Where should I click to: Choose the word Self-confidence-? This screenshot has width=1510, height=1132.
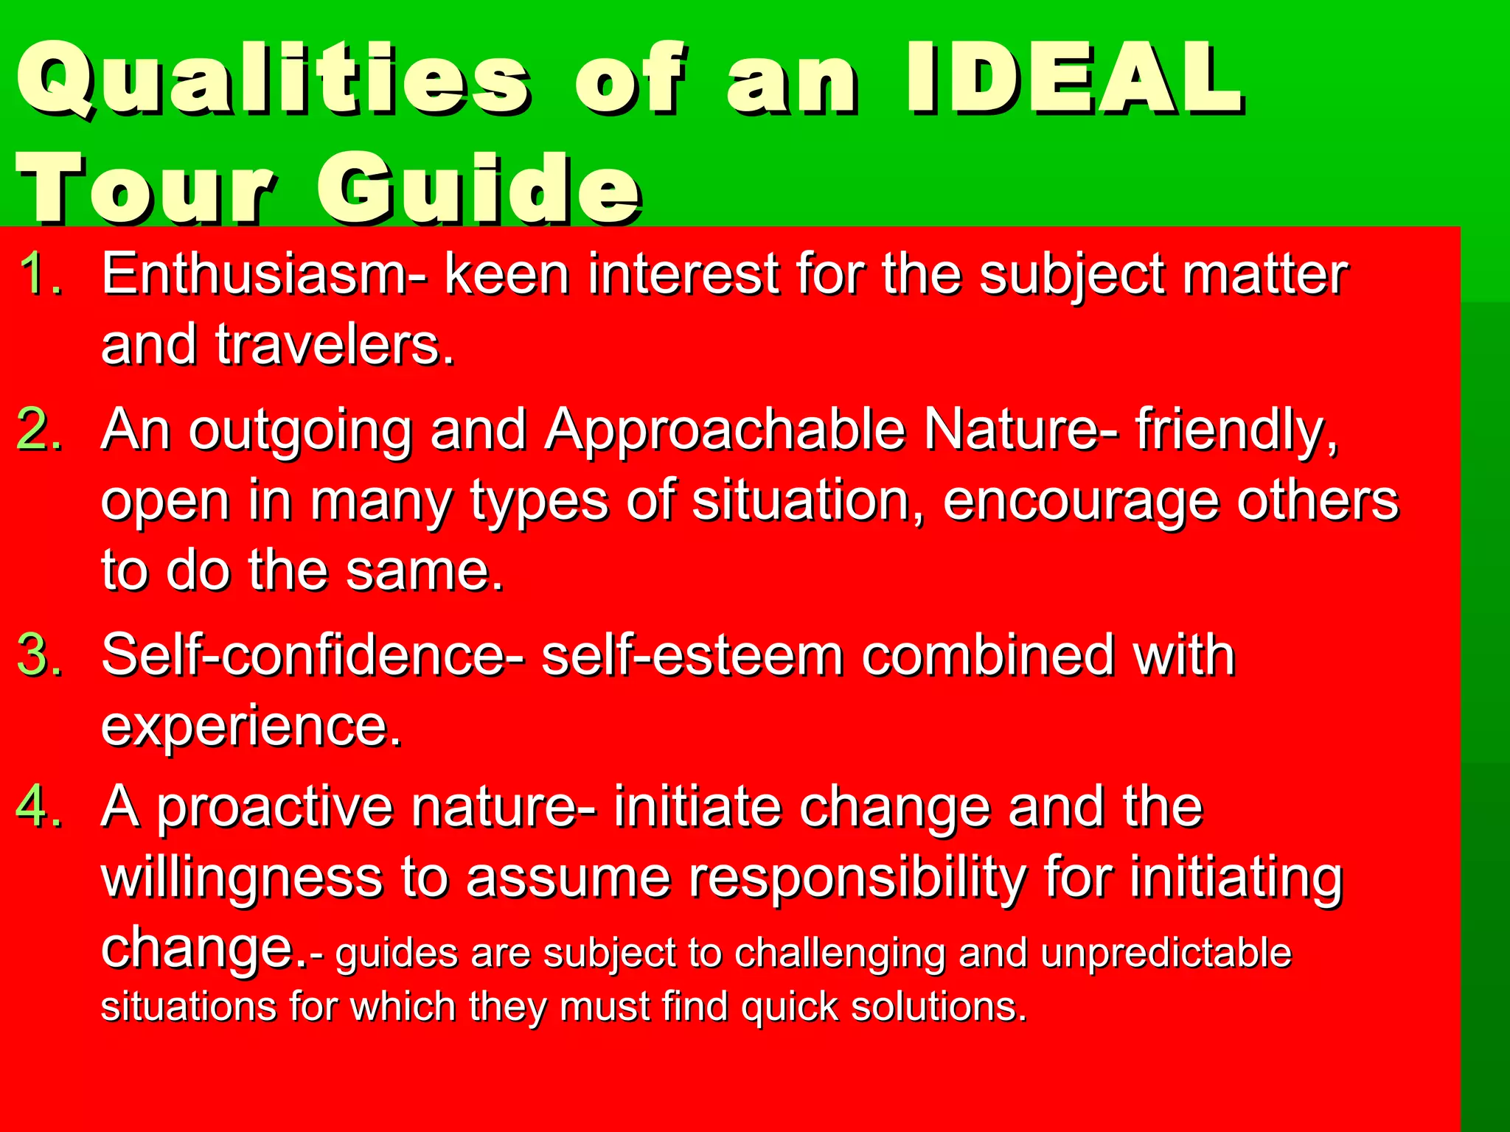click(x=313, y=655)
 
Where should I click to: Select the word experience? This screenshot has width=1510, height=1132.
click(x=251, y=727)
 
